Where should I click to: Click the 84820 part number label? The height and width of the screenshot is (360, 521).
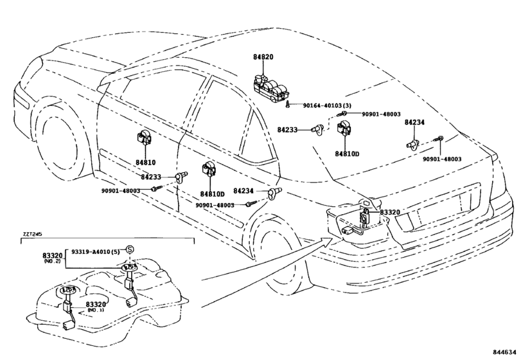click(263, 57)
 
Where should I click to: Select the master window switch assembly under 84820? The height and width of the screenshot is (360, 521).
click(271, 87)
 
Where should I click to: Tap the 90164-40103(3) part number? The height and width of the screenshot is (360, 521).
click(327, 105)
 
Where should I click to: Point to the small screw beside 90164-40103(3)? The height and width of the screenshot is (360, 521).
click(287, 105)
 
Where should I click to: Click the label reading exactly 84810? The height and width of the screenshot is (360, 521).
click(146, 163)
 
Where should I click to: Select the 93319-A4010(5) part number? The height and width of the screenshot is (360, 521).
click(95, 251)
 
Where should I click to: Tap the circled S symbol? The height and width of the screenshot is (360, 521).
click(130, 249)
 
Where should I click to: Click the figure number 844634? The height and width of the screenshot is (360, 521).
click(505, 352)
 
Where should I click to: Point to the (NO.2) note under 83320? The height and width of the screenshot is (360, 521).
click(52, 261)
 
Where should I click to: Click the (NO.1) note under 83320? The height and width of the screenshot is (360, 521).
click(96, 310)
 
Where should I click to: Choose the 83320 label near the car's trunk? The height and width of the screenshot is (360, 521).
click(390, 212)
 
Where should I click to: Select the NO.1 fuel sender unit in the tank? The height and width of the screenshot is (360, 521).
click(69, 307)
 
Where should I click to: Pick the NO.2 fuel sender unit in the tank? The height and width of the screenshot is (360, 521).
click(129, 283)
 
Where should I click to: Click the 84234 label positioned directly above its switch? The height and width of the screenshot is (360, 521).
click(414, 122)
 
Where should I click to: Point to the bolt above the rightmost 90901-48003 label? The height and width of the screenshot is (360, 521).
click(440, 138)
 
